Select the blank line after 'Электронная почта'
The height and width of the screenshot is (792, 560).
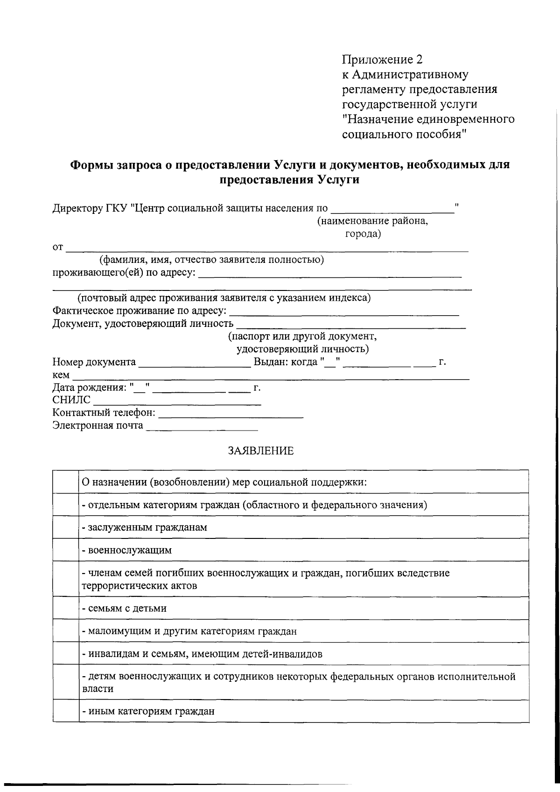[202, 427]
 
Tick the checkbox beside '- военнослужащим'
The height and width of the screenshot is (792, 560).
[66, 550]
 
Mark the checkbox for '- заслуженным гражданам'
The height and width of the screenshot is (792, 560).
[66, 527]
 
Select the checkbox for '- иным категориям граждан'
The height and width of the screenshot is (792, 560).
[66, 711]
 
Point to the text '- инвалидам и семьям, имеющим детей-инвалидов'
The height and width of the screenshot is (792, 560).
[202, 654]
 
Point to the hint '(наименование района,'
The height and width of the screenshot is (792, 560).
[372, 221]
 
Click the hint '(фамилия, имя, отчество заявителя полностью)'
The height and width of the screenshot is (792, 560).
[211, 260]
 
